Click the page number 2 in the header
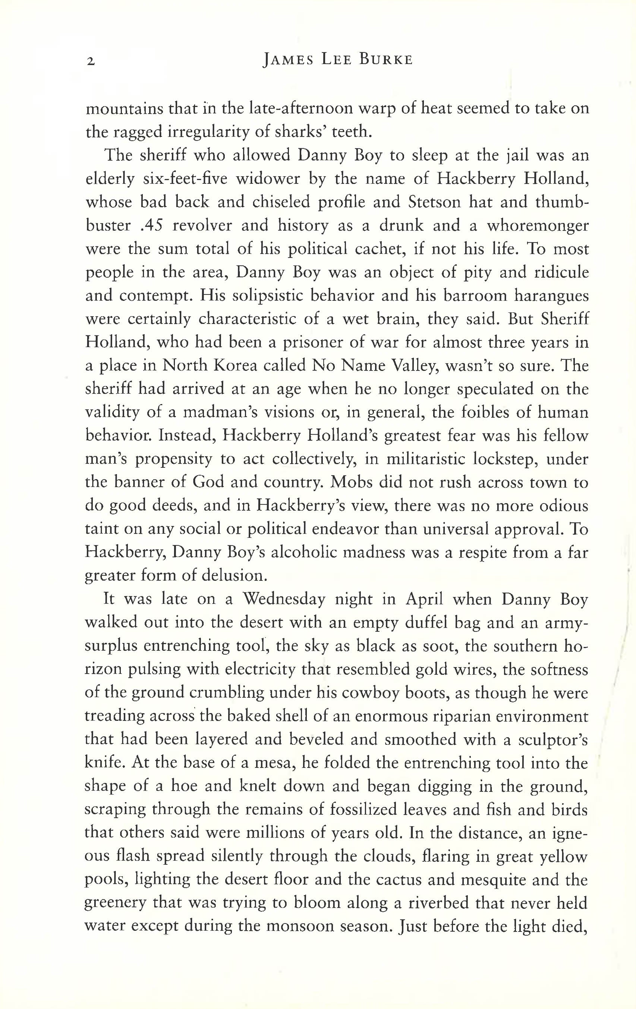click(91, 61)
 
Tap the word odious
click(563, 506)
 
